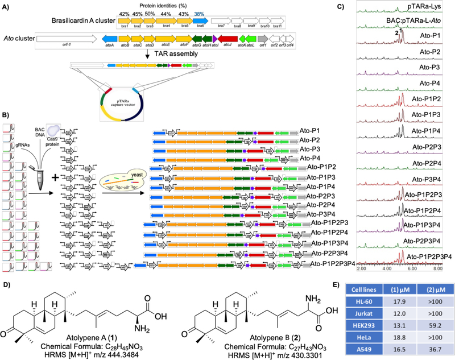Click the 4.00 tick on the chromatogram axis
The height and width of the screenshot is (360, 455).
click(388, 271)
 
